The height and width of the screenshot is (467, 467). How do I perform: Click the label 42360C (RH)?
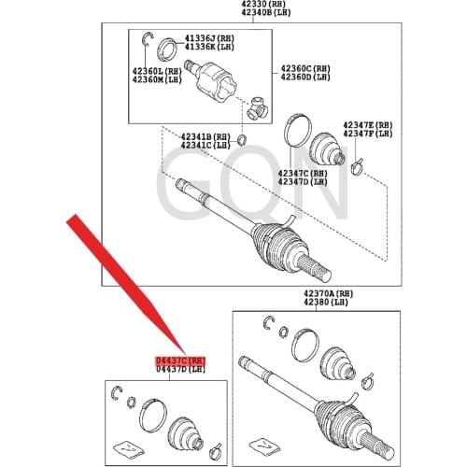pyautogui.click(x=304, y=68)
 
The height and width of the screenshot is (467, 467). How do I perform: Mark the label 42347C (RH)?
pyautogui.click(x=302, y=173)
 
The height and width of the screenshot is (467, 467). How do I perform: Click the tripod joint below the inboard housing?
pyautogui.click(x=258, y=110)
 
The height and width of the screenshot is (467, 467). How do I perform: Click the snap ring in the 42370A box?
pyautogui.click(x=268, y=323)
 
